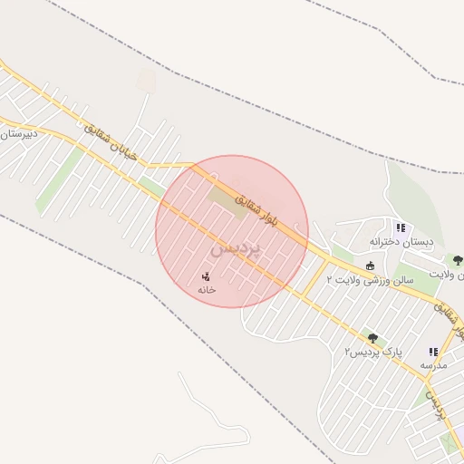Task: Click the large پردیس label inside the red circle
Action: pyautogui.click(x=235, y=246)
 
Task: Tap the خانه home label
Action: pyautogui.click(x=207, y=289)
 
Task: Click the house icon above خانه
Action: pyautogui.click(x=207, y=275)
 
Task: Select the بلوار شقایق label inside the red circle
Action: pyautogui.click(x=258, y=208)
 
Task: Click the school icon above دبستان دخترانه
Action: pyautogui.click(x=401, y=227)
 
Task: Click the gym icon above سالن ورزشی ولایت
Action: pyautogui.click(x=370, y=266)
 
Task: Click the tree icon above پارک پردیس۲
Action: pyautogui.click(x=372, y=338)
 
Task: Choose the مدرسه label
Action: pyautogui.click(x=433, y=364)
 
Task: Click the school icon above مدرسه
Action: pyautogui.click(x=433, y=352)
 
